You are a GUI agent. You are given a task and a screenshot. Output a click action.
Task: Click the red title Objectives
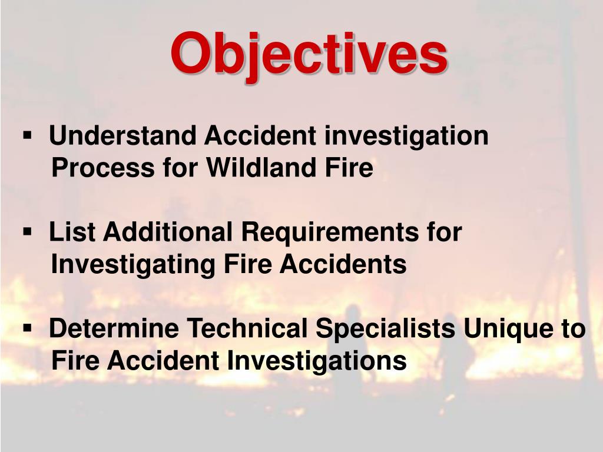[309, 54]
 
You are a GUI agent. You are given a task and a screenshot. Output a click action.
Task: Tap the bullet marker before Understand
[27, 136]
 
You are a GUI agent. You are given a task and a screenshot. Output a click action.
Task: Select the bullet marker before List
[27, 232]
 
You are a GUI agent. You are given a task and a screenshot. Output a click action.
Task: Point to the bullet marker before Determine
[27, 328]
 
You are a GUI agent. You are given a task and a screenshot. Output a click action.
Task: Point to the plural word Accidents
[343, 264]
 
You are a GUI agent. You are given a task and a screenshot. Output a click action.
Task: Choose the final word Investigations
[317, 361]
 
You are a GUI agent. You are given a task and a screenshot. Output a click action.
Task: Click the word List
[71, 232]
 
